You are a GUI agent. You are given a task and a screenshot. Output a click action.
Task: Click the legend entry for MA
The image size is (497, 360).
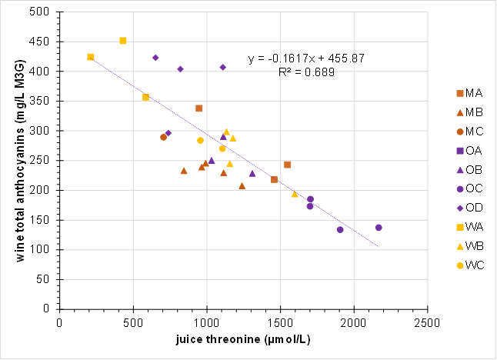coord(469,93)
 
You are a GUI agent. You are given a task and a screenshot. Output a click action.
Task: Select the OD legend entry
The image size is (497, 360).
coord(469,208)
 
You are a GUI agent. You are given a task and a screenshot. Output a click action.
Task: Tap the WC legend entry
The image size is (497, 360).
coord(470,265)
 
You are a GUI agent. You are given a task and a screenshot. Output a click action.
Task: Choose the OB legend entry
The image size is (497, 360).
coord(469,170)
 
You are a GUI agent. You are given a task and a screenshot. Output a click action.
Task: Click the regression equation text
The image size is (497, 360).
coord(306,58)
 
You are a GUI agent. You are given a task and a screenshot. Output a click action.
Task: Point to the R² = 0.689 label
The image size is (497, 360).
coord(306,72)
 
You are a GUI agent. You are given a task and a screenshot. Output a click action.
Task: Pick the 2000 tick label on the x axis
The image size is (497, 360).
coord(354,323)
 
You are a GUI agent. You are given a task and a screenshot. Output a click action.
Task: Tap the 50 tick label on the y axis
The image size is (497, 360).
coord(43,279)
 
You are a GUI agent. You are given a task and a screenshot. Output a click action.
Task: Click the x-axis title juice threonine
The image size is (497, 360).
coord(243,339)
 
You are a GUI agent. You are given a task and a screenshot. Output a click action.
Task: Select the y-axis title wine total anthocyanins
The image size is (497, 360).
coord(20,161)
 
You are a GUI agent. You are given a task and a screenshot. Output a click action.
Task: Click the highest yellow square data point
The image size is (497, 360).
coord(123,41)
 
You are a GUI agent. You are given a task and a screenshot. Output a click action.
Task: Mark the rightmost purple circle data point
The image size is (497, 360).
coord(379,228)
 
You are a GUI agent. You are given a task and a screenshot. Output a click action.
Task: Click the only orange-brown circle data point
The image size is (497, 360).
coord(164,137)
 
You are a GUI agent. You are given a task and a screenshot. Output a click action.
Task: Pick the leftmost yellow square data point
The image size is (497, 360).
coord(91,57)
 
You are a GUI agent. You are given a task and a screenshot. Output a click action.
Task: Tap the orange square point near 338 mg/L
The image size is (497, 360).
coord(199,108)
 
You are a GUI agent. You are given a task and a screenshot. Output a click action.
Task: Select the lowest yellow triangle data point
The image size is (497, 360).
coord(295,195)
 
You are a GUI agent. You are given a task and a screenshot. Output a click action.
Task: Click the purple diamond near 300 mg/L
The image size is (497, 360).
coord(168,133)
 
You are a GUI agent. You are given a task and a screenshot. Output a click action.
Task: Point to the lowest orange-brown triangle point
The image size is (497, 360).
coord(242,186)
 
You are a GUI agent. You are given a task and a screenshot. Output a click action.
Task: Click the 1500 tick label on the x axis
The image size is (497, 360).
coord(280,323)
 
